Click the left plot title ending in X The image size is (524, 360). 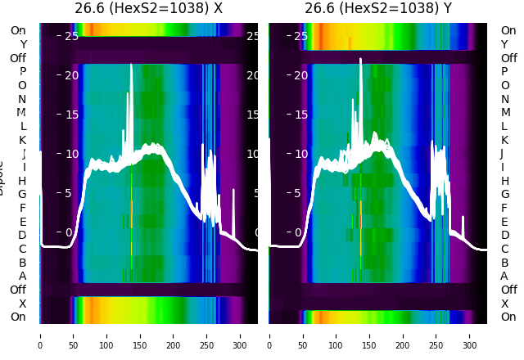[x=148, y=9]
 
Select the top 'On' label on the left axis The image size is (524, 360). [x=18, y=31]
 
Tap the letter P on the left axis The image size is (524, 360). [x=22, y=72]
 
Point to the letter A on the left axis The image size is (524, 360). [x=22, y=277]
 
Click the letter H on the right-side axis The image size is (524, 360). [x=505, y=181]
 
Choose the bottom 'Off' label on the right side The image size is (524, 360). [x=508, y=290]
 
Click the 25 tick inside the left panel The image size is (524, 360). [x=71, y=37]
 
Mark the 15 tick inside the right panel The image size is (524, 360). [x=300, y=115]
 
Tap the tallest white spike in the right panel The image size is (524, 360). [x=360, y=60]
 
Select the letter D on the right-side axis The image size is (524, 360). [x=505, y=236]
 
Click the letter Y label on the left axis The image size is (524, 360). [x=23, y=45]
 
